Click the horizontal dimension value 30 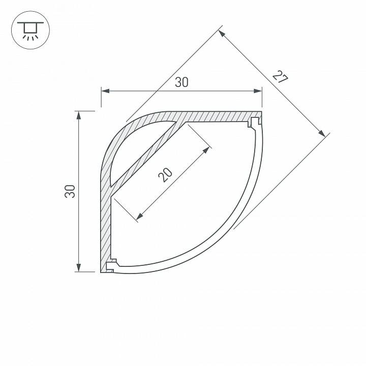click(x=181, y=82)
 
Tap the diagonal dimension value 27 click(x=280, y=77)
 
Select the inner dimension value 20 click(x=165, y=174)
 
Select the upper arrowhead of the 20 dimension click(x=207, y=150)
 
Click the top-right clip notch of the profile click(x=253, y=123)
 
